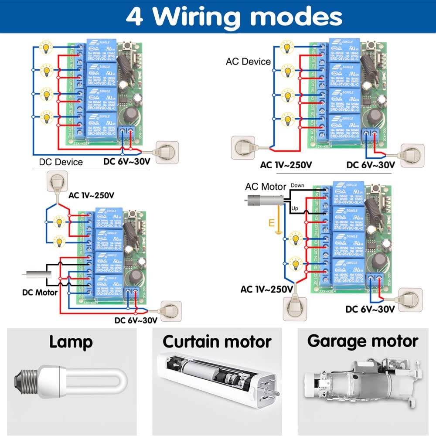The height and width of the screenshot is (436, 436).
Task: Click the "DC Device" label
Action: coord(61,162)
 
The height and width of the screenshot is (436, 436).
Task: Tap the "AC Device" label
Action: coord(248,61)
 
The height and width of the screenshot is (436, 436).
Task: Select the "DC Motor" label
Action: coord(40,292)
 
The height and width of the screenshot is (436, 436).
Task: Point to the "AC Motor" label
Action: coord(266,187)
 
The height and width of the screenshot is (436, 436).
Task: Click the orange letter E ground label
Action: coord(272,223)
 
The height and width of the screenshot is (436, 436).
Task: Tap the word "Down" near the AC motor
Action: coord(297,185)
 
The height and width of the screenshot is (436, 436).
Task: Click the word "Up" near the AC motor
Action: coord(295,209)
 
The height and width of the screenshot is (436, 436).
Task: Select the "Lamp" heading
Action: coord(71,341)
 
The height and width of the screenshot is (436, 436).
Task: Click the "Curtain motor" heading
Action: coord(217,341)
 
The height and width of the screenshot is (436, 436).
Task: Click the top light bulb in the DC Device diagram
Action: coord(45,46)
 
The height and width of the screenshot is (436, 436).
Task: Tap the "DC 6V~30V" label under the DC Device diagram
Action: coord(127,161)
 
